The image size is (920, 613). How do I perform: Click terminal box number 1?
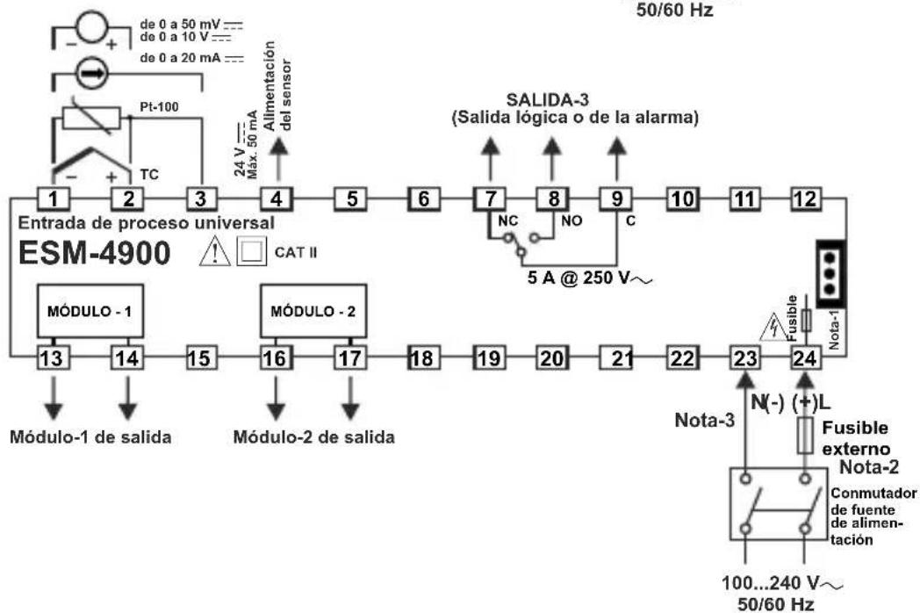(x=52, y=198)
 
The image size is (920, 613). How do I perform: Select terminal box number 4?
(x=277, y=198)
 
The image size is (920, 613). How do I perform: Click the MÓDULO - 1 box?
(x=90, y=311)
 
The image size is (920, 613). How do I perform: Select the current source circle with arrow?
(x=91, y=76)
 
